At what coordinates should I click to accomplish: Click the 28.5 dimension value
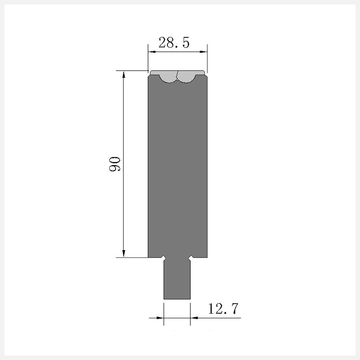(x=174, y=43)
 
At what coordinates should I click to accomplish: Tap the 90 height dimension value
(x=115, y=164)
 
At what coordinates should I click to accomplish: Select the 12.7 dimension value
(x=223, y=309)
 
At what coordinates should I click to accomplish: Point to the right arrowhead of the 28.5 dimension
(x=203, y=52)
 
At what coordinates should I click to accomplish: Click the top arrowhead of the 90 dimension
(x=124, y=75)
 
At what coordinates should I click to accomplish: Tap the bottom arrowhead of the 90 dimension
(x=124, y=253)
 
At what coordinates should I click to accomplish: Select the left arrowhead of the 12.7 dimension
(x=160, y=318)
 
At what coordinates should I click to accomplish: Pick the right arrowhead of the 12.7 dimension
(x=194, y=318)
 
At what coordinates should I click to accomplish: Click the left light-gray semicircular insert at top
(x=169, y=78)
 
